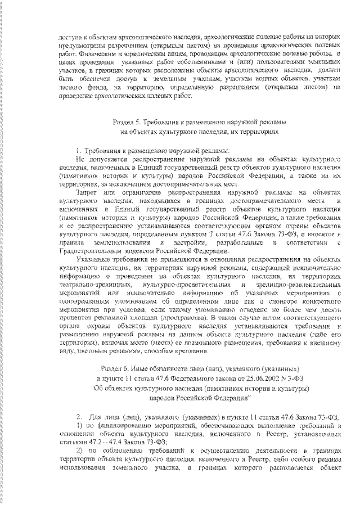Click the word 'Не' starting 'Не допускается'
pos(79,159)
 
